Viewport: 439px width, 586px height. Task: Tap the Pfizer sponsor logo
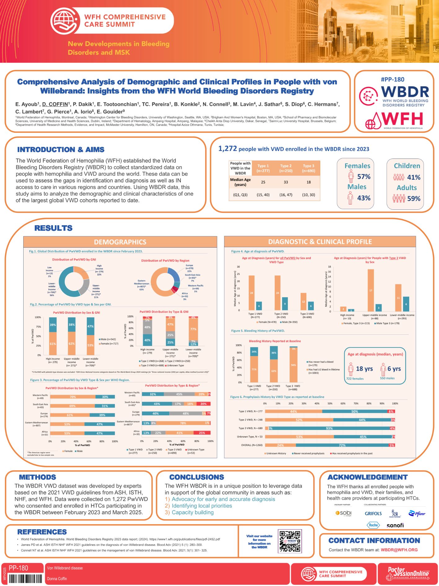point(417,514)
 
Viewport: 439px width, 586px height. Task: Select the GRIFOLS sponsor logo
point(373,514)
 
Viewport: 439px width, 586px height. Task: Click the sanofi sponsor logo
point(395,525)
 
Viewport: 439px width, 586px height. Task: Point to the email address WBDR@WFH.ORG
point(399,550)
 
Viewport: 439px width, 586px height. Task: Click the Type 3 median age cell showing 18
point(308,182)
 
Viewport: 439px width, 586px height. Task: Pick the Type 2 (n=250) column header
point(286,168)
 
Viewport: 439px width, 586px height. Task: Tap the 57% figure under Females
point(364,177)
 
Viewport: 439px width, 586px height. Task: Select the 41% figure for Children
point(414,177)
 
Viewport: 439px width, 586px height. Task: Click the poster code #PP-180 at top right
point(392,79)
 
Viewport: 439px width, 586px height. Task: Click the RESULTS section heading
point(53,228)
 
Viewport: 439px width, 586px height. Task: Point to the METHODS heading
point(38,477)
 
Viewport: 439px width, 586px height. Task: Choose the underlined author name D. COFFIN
point(55,104)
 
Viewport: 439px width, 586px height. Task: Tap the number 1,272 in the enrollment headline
point(228,149)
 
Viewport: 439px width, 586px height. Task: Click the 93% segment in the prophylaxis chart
point(329,428)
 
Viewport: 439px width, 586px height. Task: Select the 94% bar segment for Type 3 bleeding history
point(293,365)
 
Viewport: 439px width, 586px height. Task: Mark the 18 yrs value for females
point(364,369)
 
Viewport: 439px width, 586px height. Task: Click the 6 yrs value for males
point(394,369)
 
